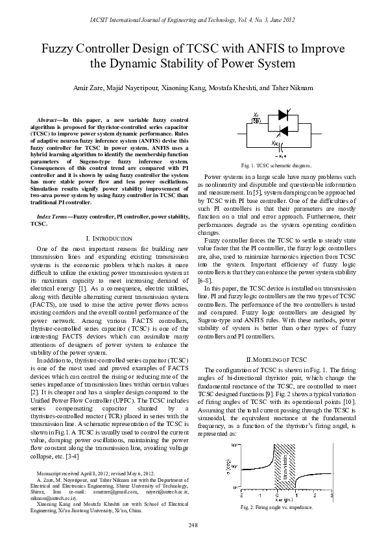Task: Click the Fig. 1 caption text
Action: tap(280, 166)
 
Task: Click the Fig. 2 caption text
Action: tap(280, 506)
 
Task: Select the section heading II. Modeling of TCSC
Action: tap(280, 359)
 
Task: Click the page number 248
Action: tap(193, 524)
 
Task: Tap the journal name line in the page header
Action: tap(193, 21)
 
